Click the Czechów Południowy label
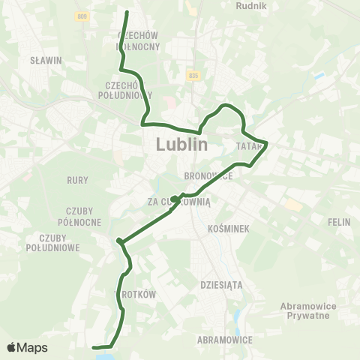(x=125, y=90)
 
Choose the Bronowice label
(x=208, y=175)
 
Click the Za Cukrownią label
(x=181, y=202)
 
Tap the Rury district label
(x=78, y=179)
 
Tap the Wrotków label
(x=135, y=295)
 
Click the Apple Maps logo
(x=27, y=347)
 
